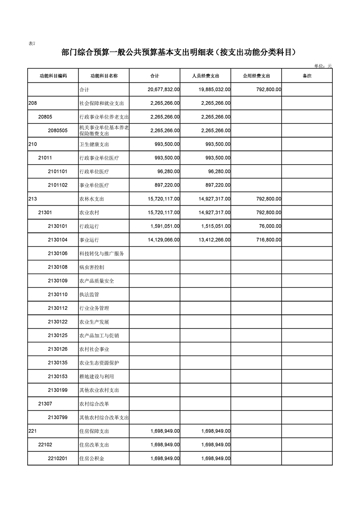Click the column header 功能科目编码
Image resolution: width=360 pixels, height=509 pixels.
pos(53,76)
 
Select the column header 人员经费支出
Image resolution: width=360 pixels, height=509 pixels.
pos(206,76)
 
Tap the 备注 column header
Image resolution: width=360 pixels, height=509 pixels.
pos(307,76)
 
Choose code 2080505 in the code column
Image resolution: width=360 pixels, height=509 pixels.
pos(58,131)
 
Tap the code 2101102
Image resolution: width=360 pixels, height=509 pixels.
pos(58,185)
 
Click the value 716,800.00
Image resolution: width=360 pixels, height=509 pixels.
pos(267,240)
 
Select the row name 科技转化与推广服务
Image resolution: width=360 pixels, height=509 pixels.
pos(102,254)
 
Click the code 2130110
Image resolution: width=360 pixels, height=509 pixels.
pos(58,294)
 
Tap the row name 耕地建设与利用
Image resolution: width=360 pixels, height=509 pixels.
pos(97,377)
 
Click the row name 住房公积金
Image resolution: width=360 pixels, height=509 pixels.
pos(92,459)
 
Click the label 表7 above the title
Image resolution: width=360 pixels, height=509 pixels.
pos(32,44)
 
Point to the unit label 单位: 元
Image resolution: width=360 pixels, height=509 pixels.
pos(323,66)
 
